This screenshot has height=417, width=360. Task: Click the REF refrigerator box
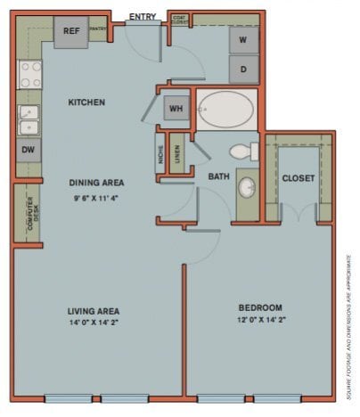click(72, 31)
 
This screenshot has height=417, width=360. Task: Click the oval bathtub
click(226, 110)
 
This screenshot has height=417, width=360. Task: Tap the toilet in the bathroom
click(241, 151)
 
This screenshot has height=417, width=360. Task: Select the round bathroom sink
click(246, 188)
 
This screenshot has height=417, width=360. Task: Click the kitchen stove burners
click(28, 76)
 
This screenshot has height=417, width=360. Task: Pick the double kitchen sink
click(28, 119)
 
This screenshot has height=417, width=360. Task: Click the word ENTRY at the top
click(143, 17)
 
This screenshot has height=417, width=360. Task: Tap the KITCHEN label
click(86, 102)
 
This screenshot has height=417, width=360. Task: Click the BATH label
click(219, 176)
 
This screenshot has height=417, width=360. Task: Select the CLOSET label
click(298, 178)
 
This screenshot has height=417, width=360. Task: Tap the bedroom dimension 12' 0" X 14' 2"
click(260, 319)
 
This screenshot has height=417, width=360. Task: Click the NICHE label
click(160, 156)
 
